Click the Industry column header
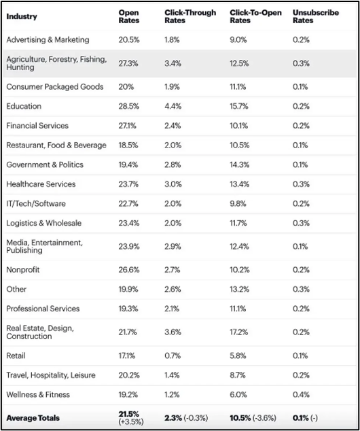(22, 16)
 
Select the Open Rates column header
(129, 16)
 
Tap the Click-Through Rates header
(190, 16)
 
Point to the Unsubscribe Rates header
(316, 16)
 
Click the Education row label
(24, 106)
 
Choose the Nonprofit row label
(23, 270)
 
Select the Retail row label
(16, 356)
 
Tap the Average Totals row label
(33, 418)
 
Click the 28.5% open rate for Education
(129, 106)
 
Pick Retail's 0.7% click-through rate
(173, 356)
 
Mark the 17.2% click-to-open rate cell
(238, 332)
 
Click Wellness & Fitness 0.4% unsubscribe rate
(301, 395)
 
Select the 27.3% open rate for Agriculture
(128, 63)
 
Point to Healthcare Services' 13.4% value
(240, 184)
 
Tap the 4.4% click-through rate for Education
(173, 106)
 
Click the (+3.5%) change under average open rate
(131, 422)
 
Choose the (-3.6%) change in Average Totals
(264, 418)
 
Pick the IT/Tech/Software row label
(36, 204)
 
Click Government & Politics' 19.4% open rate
(128, 165)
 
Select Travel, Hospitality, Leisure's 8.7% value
(238, 375)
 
